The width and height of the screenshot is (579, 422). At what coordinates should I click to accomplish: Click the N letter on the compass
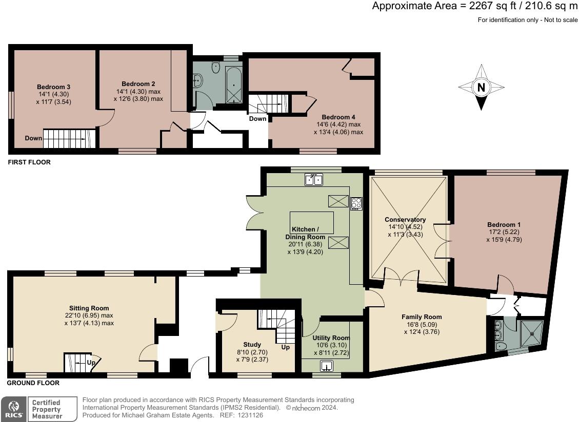click(x=481, y=88)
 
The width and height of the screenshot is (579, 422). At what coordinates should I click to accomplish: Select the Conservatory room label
click(x=405, y=220)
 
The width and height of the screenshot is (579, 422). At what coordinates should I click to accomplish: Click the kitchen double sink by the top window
click(x=313, y=179)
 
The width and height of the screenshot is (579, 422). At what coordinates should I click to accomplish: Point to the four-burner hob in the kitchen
click(x=356, y=203)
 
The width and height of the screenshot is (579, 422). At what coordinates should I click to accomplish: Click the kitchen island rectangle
click(x=312, y=222)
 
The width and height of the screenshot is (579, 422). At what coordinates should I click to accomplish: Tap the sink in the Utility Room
click(x=327, y=366)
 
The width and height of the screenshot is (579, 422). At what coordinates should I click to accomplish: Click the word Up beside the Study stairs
click(x=285, y=347)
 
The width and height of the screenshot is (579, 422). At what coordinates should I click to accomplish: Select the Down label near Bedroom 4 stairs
click(x=257, y=119)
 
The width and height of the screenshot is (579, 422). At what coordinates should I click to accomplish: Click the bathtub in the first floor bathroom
click(x=233, y=85)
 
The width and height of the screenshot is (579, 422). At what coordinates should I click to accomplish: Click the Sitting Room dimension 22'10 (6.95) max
click(x=89, y=315)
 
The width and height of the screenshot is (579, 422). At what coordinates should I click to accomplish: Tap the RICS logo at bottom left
click(x=13, y=409)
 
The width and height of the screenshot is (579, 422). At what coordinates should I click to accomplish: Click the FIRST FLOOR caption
click(x=29, y=162)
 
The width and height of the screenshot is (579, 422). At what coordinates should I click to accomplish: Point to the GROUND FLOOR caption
click(x=33, y=383)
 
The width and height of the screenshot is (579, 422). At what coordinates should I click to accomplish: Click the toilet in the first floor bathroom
click(x=215, y=66)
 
